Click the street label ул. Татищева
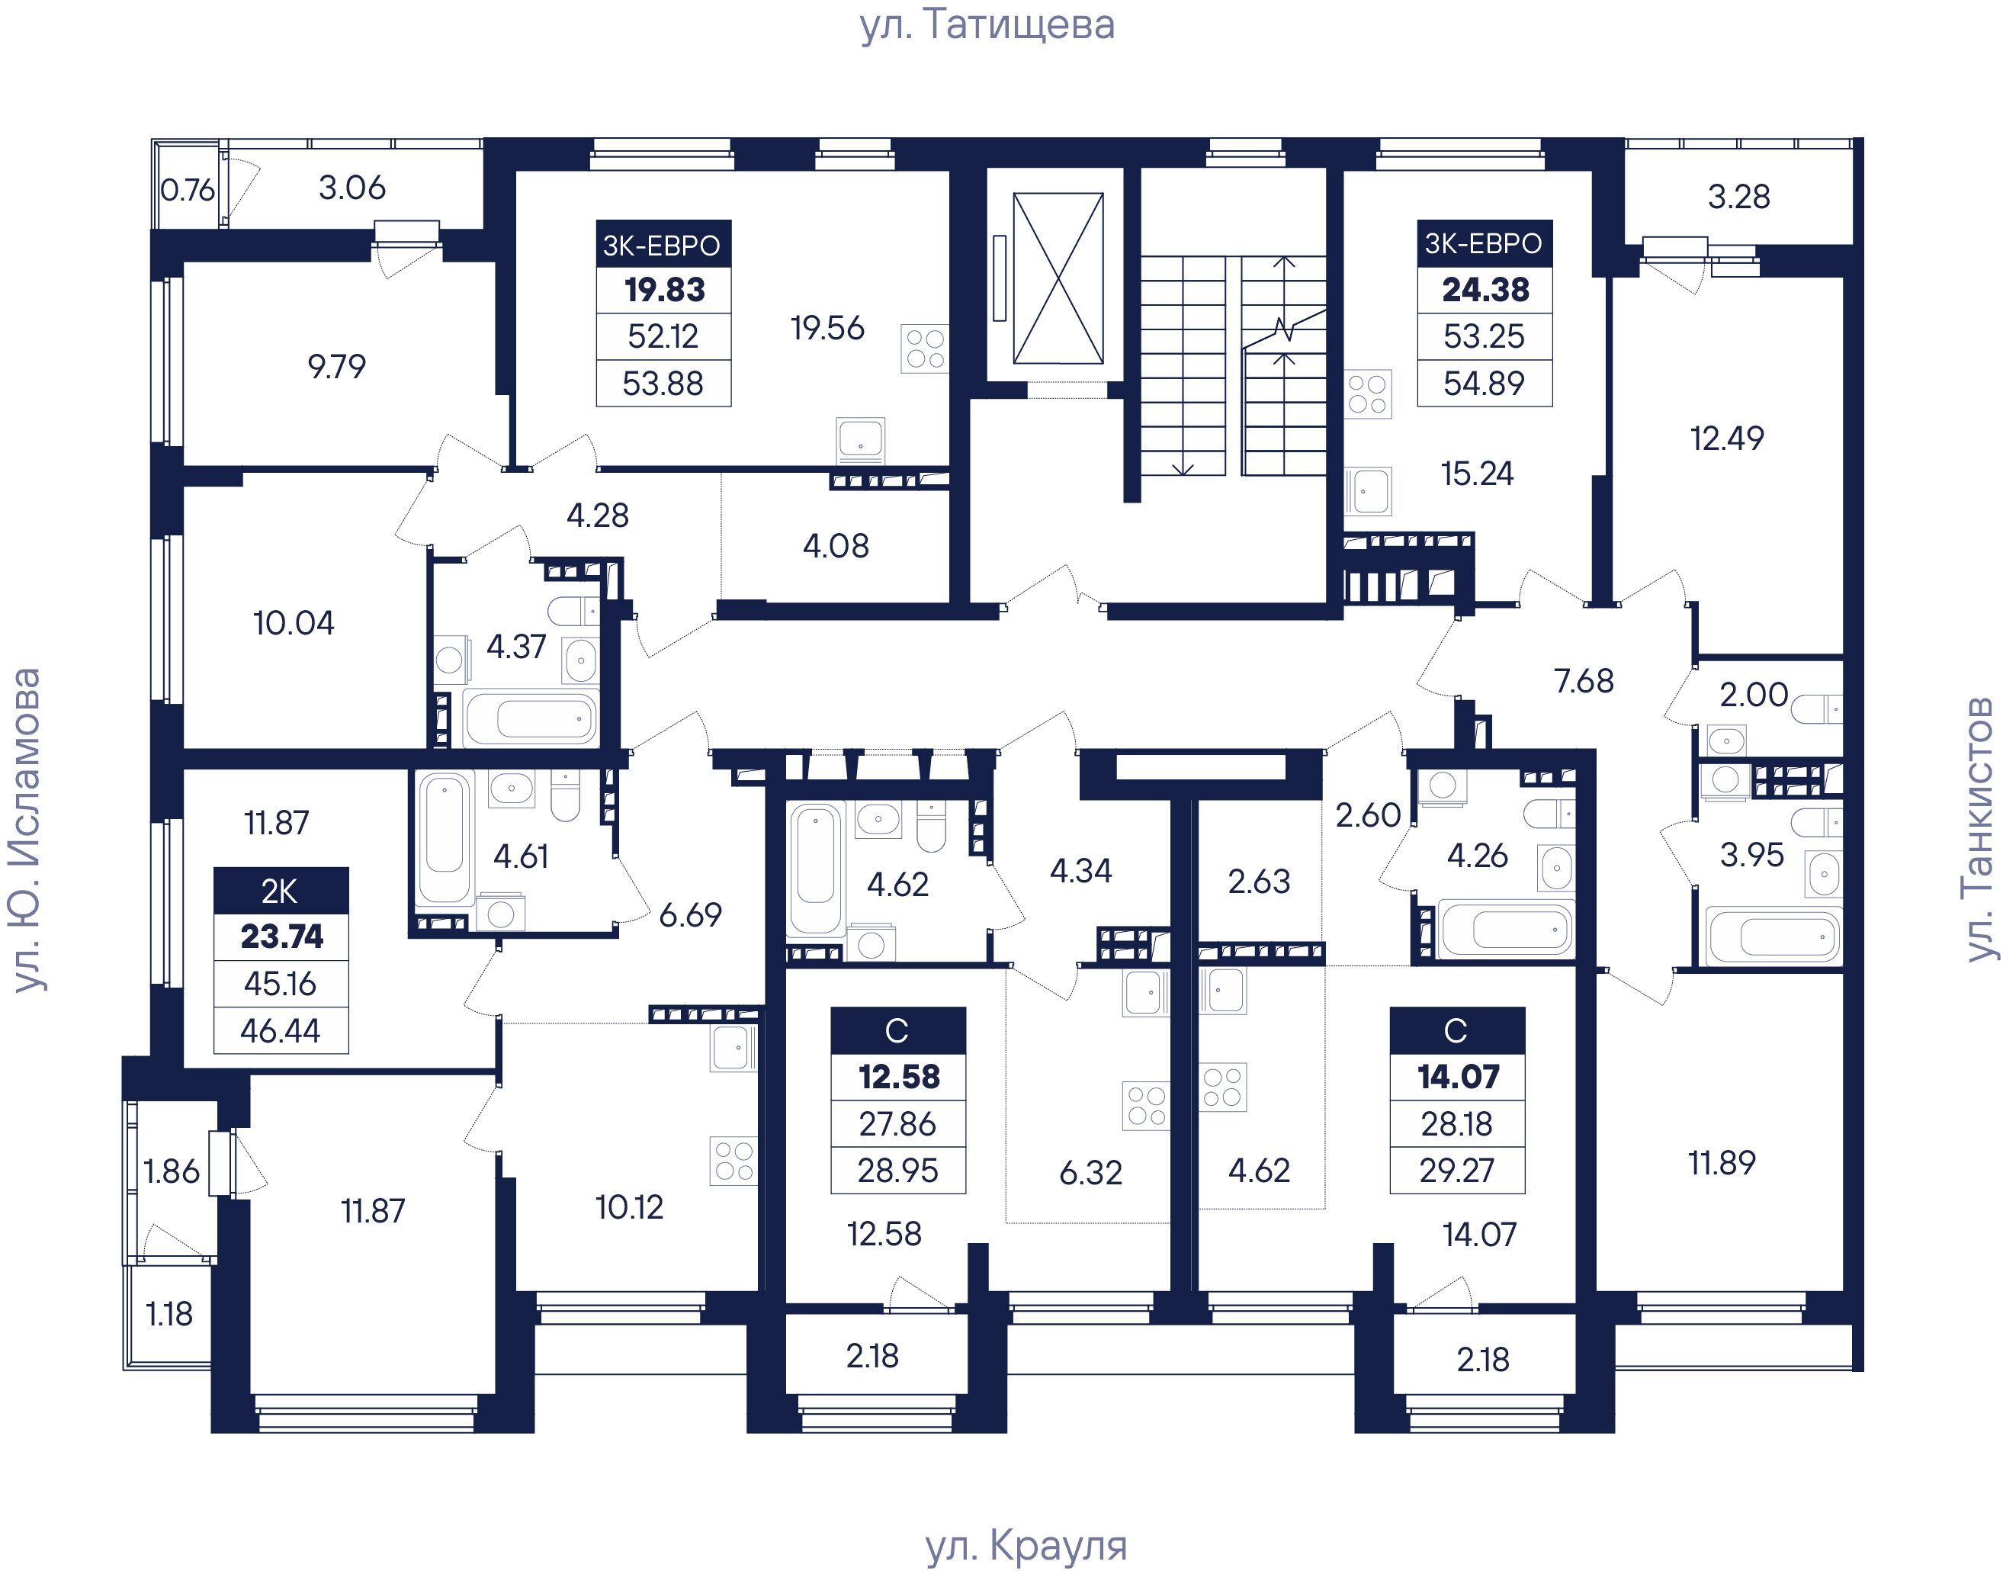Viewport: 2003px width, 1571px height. (987, 25)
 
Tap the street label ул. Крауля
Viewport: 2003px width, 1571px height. (1026, 1546)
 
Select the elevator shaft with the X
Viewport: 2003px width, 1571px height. (1058, 278)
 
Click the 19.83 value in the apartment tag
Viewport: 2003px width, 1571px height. (664, 290)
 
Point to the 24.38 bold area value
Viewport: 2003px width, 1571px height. (1485, 290)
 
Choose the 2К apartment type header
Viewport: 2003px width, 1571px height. (281, 890)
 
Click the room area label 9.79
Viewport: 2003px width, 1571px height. (336, 366)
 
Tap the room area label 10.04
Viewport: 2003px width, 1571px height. (294, 623)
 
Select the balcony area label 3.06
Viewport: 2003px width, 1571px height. (351, 188)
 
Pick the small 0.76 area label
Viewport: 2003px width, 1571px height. (188, 189)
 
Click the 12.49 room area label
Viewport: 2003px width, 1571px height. (1727, 438)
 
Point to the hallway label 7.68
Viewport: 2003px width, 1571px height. (1584, 681)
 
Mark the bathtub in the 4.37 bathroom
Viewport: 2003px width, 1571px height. (531, 718)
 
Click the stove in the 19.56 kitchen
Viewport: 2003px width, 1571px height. (924, 349)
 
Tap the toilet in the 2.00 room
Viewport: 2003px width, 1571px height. (1818, 709)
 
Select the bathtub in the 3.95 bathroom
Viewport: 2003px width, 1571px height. (1773, 936)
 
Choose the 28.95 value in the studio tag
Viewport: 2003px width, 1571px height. (897, 1170)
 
